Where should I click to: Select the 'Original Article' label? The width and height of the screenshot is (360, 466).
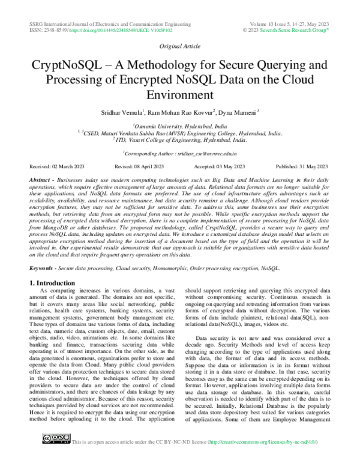[x=179, y=46]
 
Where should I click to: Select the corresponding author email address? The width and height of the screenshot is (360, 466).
[x=198, y=154]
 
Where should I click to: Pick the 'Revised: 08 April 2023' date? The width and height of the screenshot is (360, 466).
[x=142, y=166]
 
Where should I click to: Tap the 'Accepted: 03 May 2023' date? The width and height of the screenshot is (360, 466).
[x=220, y=166]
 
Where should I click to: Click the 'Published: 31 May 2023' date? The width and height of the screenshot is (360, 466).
[x=302, y=166]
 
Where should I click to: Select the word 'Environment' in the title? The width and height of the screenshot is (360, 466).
[x=179, y=95]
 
